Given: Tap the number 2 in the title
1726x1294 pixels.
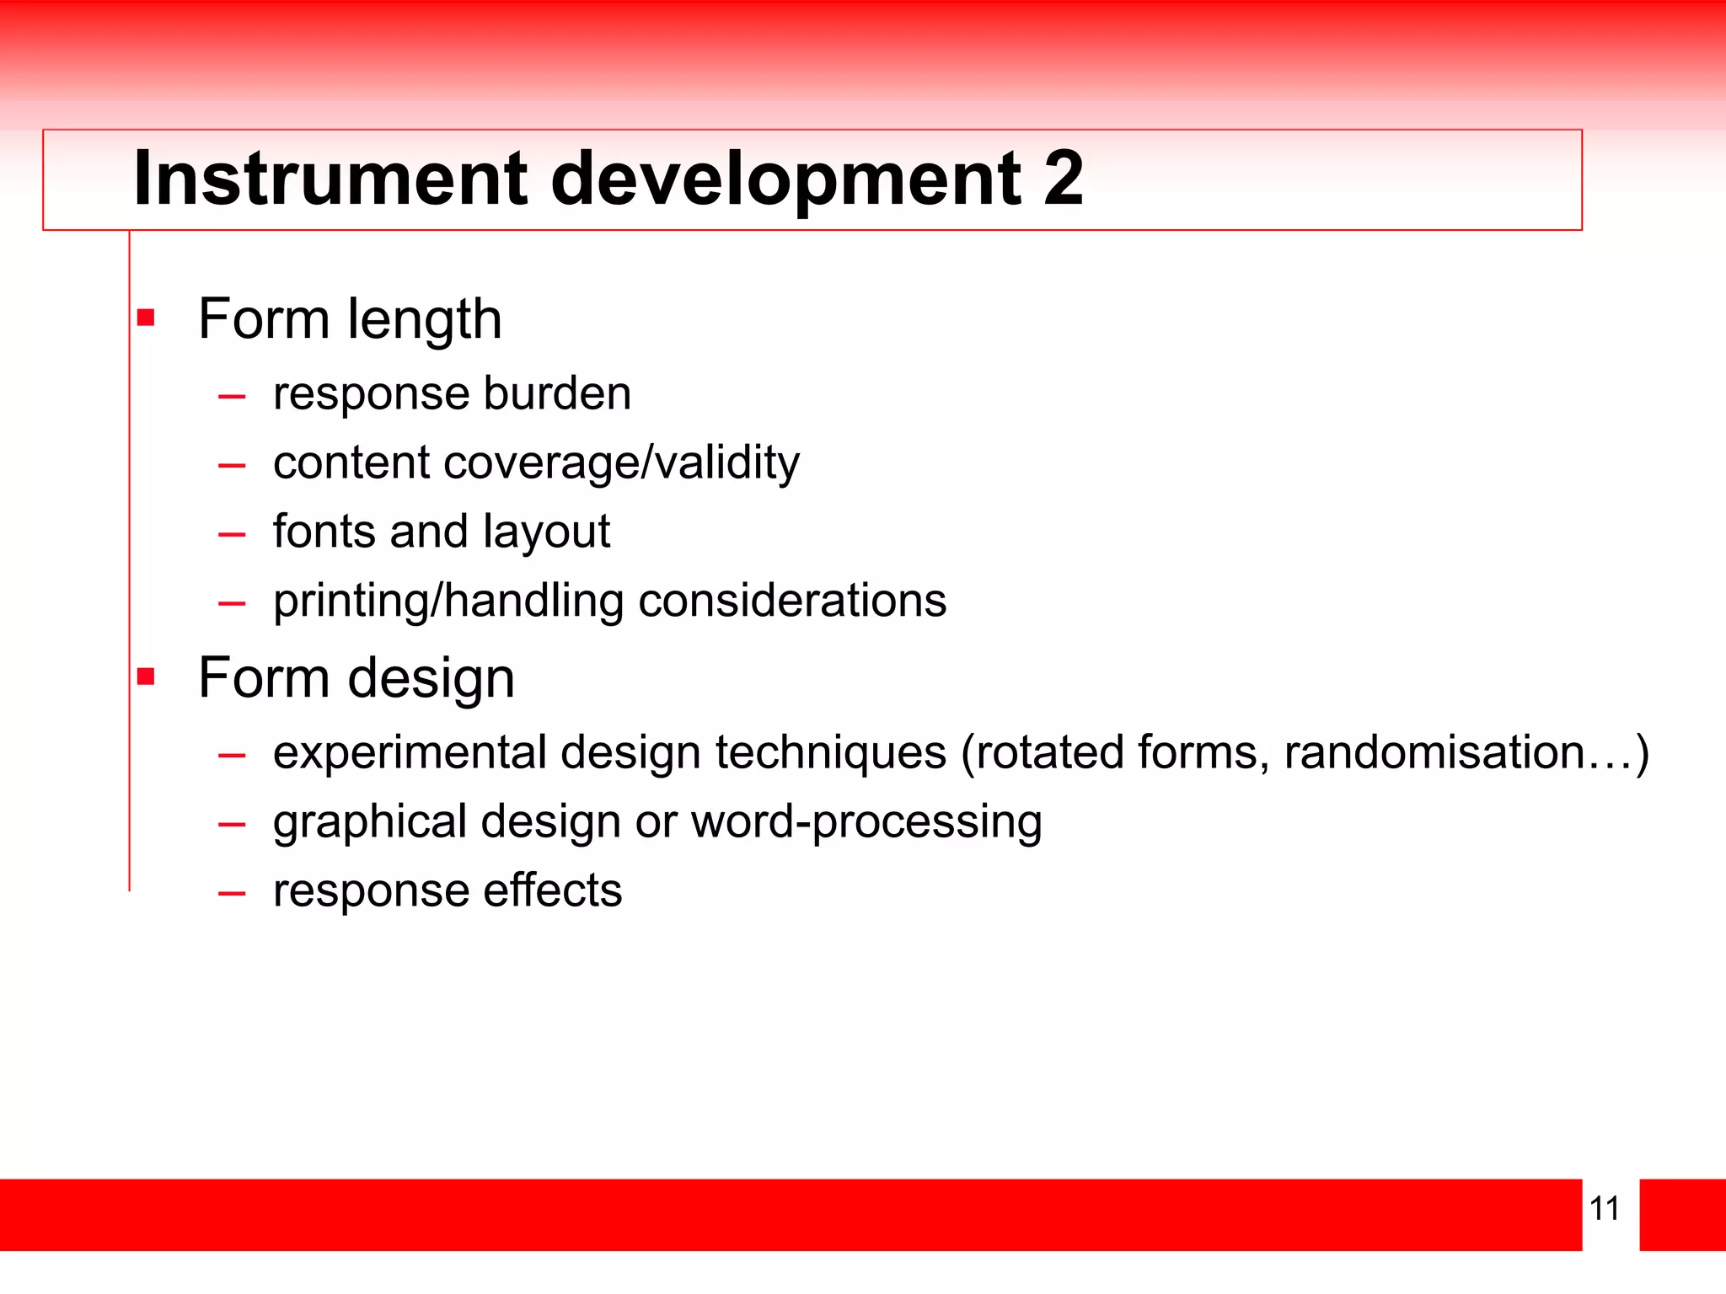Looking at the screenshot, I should (1063, 178).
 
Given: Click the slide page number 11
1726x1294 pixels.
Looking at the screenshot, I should (1604, 1208).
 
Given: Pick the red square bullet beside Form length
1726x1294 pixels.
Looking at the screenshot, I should (147, 318).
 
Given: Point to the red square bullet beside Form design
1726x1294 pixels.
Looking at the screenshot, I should (147, 676).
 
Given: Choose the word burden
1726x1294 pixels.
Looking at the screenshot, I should (557, 393).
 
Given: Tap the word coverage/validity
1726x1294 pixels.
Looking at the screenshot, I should (623, 463).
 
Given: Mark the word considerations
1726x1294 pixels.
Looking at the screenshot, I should (792, 601).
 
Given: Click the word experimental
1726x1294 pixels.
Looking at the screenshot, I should (410, 753).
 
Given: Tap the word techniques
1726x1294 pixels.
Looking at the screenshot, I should (831, 752).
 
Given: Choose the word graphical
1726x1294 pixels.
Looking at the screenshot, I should (369, 822).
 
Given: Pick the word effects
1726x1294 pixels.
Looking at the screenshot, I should (553, 890).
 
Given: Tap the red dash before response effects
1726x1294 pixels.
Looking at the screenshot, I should (231, 892).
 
